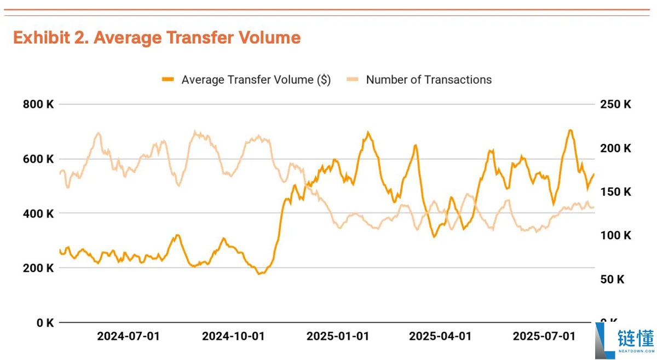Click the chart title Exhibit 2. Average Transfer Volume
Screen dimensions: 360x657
tap(157, 38)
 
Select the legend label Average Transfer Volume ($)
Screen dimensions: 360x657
tap(256, 80)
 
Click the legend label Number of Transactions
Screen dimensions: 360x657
tap(429, 80)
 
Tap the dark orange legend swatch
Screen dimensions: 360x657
tap(168, 80)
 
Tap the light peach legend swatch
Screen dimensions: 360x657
tap(353, 80)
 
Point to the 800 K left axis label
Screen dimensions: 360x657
tap(38, 104)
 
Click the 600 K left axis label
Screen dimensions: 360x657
tap(38, 159)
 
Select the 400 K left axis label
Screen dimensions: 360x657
tap(38, 213)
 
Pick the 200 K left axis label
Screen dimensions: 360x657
tap(38, 268)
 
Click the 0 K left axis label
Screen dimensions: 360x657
tap(44, 323)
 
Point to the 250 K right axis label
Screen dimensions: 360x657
tap(615, 104)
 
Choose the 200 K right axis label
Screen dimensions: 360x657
tap(615, 148)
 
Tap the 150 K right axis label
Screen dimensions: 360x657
tap(615, 192)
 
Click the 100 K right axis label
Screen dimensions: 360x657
tap(615, 236)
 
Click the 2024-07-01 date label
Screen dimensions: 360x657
tap(129, 336)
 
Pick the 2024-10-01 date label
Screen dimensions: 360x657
tap(233, 336)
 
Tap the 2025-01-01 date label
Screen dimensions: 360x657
tap(338, 336)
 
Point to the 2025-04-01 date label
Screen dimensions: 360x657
tap(440, 336)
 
